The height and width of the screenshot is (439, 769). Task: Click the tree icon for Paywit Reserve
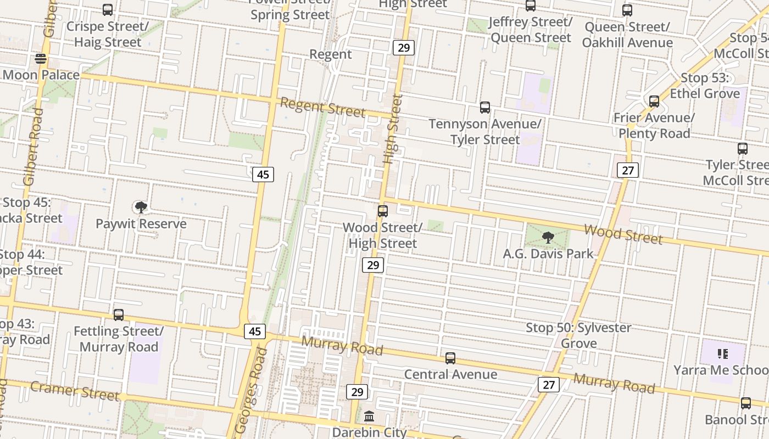point(141,207)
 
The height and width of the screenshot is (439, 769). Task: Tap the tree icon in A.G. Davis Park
point(548,237)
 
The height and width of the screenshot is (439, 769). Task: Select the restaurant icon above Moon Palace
point(41,59)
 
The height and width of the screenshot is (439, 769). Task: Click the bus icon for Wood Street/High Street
point(383,211)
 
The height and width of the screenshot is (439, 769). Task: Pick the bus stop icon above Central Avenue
point(450,358)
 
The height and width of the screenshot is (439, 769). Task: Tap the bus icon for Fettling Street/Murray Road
point(119,315)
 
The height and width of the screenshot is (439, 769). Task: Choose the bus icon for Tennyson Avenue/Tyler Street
point(484,108)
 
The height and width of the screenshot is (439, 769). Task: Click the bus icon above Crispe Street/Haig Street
point(108,10)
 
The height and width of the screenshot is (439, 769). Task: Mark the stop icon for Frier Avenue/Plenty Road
point(654,102)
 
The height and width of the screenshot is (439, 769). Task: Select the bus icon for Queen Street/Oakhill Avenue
point(627,10)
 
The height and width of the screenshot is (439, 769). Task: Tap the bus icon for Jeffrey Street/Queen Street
point(530,6)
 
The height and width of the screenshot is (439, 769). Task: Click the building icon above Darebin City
point(369,415)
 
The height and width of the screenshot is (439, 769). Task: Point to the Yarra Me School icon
point(722,354)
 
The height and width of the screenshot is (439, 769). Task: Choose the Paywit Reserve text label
point(141,224)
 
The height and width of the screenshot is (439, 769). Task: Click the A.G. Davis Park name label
point(548,254)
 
